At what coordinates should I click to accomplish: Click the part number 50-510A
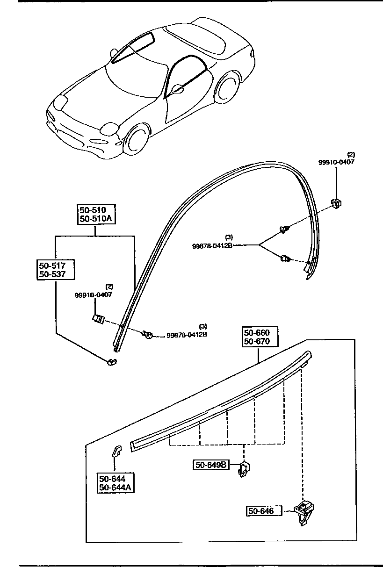point(96,219)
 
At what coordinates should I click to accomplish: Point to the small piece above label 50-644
point(116,451)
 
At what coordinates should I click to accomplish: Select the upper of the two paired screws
point(283,229)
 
